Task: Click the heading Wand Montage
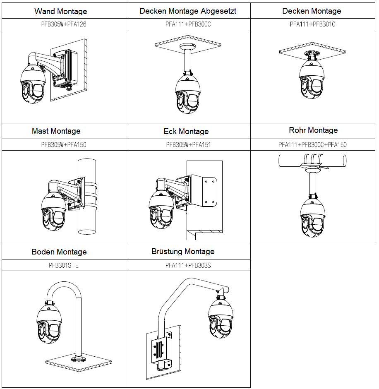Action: [60, 11]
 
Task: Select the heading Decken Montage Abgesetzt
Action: [188, 11]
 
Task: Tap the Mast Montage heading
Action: [56, 131]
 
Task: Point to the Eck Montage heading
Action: [186, 132]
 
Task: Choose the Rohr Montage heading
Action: [313, 130]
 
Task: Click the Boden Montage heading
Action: [59, 252]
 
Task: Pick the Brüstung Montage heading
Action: [183, 251]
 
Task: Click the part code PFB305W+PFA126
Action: [64, 24]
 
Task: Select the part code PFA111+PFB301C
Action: [312, 24]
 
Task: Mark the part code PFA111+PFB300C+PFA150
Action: [313, 145]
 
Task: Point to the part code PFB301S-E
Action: [63, 265]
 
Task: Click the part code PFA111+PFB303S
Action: [188, 265]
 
